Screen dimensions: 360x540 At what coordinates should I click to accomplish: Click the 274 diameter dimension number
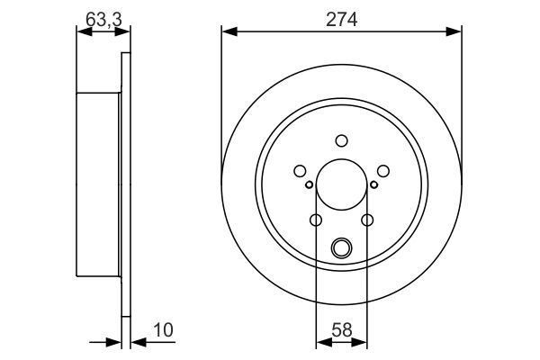tap(342, 18)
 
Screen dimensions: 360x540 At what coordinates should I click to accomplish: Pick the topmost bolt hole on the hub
tap(341, 140)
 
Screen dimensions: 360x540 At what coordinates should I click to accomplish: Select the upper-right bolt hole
tap(382, 171)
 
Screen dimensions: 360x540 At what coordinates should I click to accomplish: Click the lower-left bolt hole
tap(316, 220)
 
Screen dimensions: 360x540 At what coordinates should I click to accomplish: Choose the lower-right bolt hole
tap(366, 220)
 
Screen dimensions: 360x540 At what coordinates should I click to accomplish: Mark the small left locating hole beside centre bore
tap(310, 185)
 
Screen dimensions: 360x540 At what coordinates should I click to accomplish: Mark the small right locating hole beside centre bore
tap(373, 185)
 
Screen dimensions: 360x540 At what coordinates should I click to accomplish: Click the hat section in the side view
tap(97, 184)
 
